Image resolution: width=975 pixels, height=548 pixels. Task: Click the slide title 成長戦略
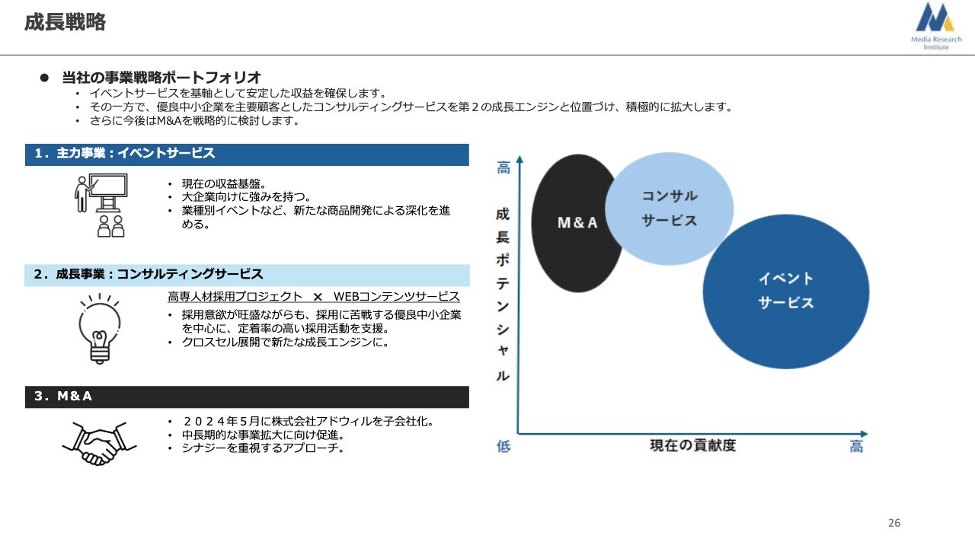[65, 22]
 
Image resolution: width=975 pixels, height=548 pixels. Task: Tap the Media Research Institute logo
[936, 26]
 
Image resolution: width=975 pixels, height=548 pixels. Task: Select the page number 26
[894, 523]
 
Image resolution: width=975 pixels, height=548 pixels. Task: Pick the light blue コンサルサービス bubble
[669, 209]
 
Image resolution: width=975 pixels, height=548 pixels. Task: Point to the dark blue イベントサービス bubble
[785, 292]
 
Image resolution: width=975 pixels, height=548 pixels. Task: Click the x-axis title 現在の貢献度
[692, 445]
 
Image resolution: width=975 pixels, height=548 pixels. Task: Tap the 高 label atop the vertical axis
[503, 167]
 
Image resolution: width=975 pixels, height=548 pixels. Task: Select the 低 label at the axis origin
[503, 446]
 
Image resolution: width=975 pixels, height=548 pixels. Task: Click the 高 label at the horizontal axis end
[856, 447]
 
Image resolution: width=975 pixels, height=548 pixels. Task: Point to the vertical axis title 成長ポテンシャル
[503, 295]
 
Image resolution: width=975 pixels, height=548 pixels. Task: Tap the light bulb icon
[100, 328]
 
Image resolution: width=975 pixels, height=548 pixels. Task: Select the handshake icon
[99, 443]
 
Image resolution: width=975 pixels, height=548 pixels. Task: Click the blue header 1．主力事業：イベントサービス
[247, 155]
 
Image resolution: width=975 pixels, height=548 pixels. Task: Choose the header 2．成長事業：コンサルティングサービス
[247, 275]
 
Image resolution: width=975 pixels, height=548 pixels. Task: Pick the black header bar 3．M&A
[247, 397]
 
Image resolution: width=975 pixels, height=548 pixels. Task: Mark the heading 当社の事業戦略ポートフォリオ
[161, 78]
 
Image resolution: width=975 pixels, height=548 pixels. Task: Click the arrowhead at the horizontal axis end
[864, 434]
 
